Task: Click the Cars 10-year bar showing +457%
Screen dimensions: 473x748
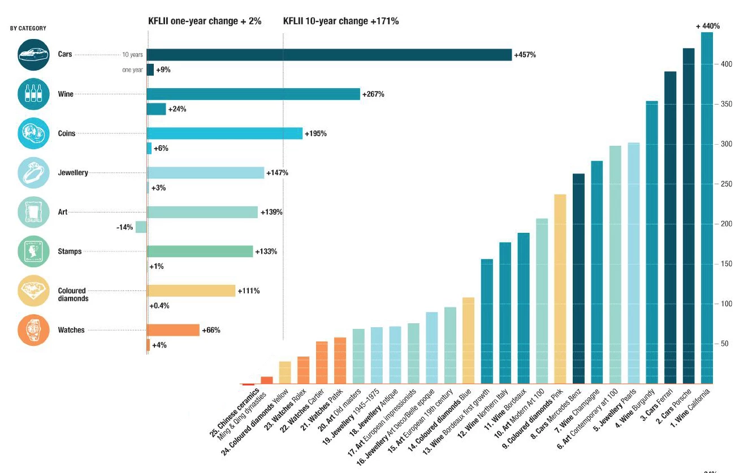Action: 329,55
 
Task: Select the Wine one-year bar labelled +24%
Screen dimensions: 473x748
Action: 156,109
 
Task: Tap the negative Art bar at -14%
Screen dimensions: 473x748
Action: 141,227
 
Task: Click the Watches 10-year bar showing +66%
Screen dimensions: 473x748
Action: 173,330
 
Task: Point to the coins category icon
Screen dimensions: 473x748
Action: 34,134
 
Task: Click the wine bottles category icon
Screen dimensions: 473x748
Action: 34,94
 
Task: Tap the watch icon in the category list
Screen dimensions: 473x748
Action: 34,330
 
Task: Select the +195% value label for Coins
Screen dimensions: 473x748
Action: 315,134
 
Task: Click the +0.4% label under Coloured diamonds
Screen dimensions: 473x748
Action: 159,306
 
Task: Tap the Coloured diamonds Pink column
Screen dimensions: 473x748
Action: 560,289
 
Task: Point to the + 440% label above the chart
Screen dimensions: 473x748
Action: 707,26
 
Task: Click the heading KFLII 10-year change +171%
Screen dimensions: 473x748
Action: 341,21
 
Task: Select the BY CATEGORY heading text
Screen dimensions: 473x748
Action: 28,28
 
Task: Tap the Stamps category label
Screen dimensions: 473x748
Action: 70,251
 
